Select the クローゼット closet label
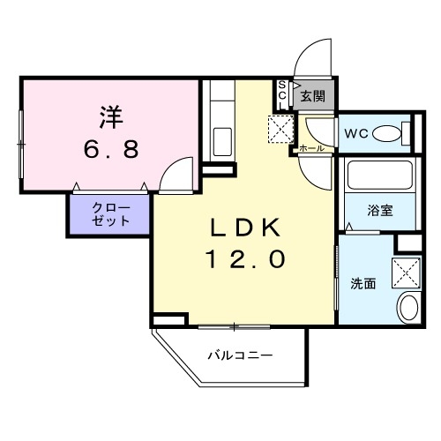[111, 214]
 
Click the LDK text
[246, 228]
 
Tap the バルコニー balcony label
[240, 356]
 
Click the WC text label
[355, 134]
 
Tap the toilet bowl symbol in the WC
[386, 134]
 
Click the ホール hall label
[311, 149]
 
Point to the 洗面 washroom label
[363, 284]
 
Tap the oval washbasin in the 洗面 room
[408, 310]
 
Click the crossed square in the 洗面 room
[407, 272]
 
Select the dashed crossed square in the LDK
[281, 128]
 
